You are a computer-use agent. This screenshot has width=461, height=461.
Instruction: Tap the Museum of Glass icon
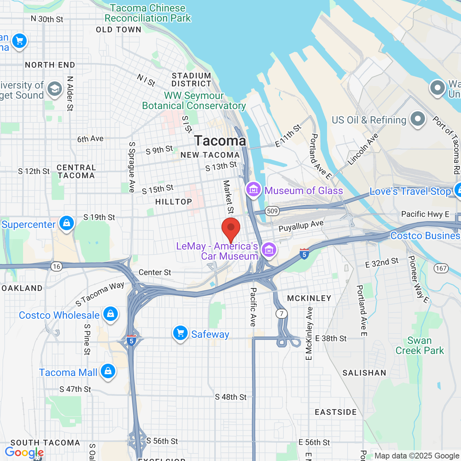point(253,189)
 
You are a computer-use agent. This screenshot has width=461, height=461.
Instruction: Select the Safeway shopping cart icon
point(180,333)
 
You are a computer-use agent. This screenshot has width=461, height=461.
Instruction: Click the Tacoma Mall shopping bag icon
point(108,371)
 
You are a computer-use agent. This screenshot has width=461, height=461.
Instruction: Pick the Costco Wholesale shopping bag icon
point(111,314)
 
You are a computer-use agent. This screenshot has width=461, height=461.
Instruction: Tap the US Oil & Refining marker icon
point(418,119)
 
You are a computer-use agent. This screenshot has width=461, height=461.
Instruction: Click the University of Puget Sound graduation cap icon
point(55,89)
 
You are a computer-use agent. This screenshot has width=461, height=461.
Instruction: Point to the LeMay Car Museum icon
point(269,249)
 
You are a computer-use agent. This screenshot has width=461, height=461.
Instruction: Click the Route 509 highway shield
point(272,211)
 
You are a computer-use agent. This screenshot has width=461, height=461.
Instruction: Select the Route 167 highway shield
point(441,268)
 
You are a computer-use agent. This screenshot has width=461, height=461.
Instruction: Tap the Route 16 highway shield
point(56,267)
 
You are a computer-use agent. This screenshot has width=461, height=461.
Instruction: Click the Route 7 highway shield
point(282,314)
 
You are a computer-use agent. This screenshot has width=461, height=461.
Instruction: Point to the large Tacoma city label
point(220,141)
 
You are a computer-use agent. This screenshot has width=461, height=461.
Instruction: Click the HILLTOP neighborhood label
point(174,202)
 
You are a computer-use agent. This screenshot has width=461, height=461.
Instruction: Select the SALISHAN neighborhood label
point(364,373)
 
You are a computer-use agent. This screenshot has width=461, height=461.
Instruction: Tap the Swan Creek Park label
point(420,345)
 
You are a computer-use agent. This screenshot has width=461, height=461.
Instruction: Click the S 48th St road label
point(230,397)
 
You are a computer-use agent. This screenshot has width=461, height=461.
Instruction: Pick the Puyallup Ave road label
point(301,226)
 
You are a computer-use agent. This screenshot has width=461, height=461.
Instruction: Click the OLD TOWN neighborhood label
point(118,30)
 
